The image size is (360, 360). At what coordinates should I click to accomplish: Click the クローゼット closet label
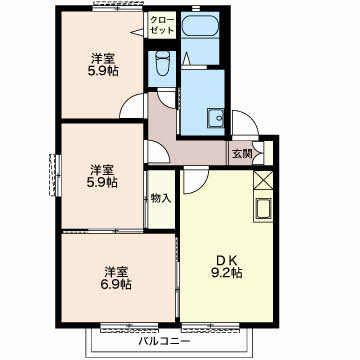coord(162,24)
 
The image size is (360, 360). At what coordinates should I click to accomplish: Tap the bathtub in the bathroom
coord(200,25)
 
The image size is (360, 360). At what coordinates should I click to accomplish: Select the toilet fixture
coord(162,64)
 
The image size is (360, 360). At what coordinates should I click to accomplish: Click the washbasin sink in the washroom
coord(216,118)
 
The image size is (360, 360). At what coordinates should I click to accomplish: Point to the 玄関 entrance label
coord(241,154)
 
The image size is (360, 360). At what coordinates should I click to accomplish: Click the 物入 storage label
coord(161,198)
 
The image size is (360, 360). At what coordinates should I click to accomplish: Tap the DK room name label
coord(226,259)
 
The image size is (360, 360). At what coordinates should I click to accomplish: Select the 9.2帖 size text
coord(226,273)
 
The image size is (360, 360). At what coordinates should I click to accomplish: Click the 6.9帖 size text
coord(116,284)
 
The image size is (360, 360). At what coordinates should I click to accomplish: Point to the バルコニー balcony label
coord(165,342)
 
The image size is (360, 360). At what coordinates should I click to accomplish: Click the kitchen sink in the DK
coord(263,209)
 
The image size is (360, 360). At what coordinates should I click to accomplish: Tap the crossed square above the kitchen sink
coord(263,180)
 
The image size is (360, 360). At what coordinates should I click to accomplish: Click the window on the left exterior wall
coord(53,175)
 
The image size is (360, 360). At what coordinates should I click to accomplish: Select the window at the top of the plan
coord(118,8)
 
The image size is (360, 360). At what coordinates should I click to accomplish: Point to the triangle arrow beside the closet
coord(137,33)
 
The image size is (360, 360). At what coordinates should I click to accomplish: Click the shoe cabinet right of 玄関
coord(268,152)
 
